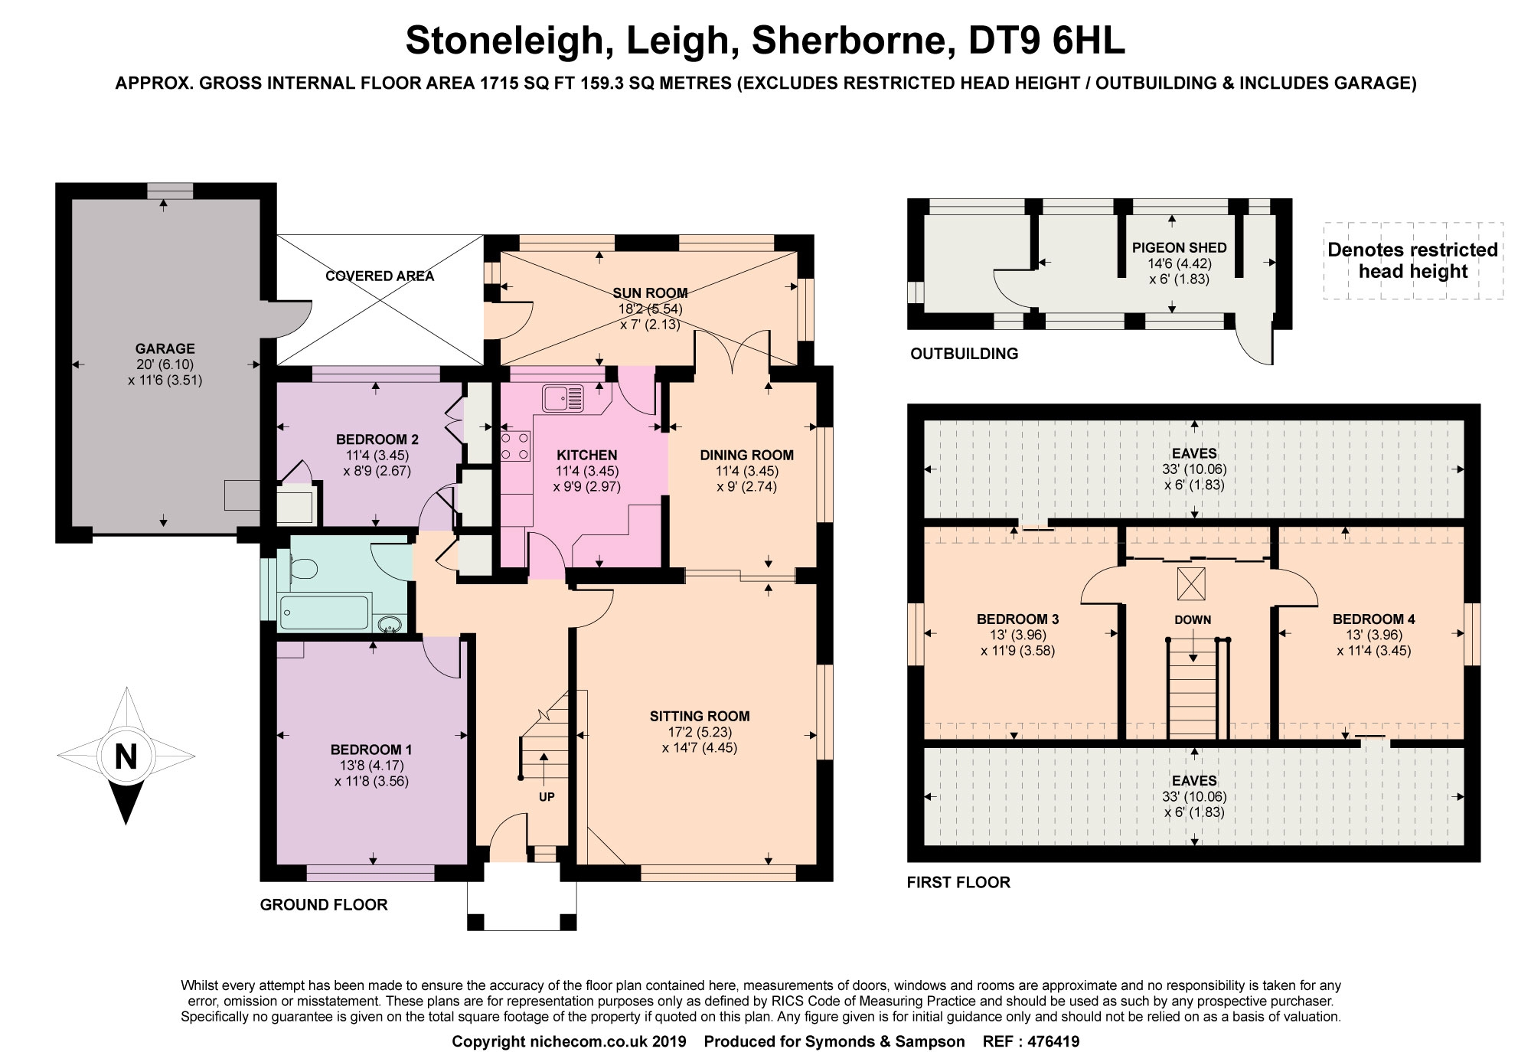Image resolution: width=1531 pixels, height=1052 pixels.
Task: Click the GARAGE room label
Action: tap(165, 348)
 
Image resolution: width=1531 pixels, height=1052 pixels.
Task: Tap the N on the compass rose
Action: tap(126, 756)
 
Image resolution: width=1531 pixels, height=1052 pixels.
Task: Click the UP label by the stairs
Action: tap(547, 796)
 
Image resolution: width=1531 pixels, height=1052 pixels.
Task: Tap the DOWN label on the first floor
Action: tap(1193, 620)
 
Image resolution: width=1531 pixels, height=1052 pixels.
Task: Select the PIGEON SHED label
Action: tap(1180, 248)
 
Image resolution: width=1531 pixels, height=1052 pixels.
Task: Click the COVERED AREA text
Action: tap(380, 276)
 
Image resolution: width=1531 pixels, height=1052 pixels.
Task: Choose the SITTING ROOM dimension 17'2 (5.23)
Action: tap(700, 732)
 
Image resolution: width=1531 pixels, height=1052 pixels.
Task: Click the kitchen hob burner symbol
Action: tap(515, 446)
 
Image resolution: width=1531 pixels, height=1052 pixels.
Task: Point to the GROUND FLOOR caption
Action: tap(324, 905)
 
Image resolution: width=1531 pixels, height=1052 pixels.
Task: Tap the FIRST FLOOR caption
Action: tap(958, 883)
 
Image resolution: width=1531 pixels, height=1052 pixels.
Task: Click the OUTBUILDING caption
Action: tap(965, 354)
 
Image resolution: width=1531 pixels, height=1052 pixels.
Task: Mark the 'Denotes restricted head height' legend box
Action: tap(1413, 260)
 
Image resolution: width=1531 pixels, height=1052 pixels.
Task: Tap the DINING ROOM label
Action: tap(747, 456)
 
